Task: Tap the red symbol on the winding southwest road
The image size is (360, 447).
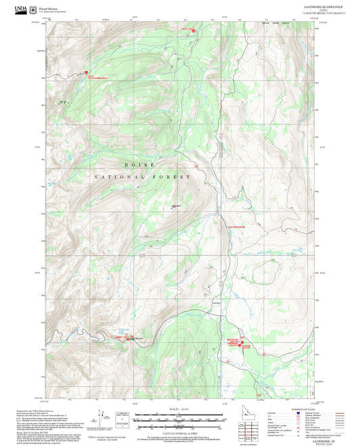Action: (x=127, y=339)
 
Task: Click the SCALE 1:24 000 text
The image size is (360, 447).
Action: (x=179, y=409)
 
